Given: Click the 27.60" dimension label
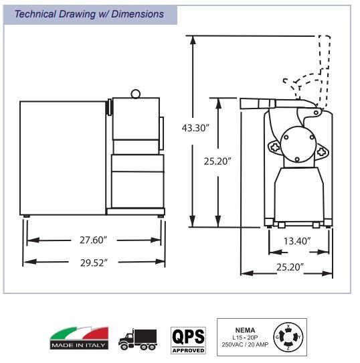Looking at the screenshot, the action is pos(94,240).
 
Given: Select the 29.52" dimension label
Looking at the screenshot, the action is pos(94,263).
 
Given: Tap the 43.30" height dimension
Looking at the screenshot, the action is pos(195,128).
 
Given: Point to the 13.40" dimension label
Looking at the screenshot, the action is pos(297,241).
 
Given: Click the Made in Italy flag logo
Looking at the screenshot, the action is pos(79,338).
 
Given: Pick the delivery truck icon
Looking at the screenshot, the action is pos(138,340).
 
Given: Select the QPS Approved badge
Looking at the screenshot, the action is pos(188,340).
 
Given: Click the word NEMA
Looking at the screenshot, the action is pos(245,330).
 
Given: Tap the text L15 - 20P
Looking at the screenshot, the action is pos(245,338).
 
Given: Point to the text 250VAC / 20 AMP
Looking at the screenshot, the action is pos(245,345).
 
